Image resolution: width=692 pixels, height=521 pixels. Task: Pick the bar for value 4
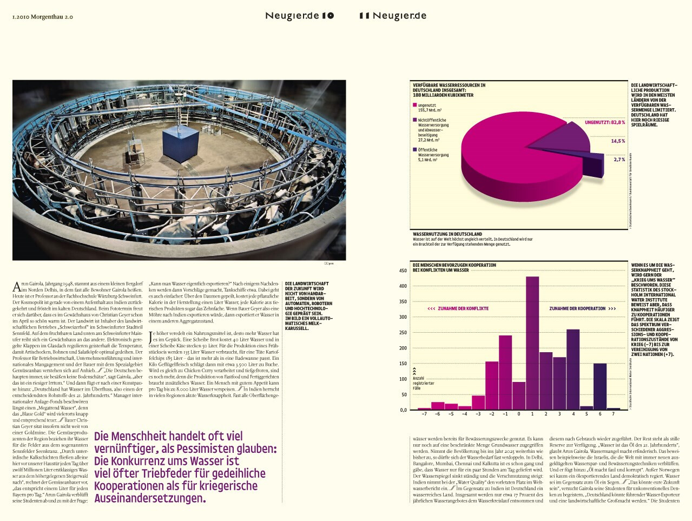(x=573, y=369)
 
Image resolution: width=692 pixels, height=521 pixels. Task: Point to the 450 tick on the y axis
(x=403, y=271)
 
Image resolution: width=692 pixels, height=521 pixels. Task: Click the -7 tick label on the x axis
(x=424, y=414)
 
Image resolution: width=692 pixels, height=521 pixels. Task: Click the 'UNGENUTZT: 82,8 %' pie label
(x=604, y=123)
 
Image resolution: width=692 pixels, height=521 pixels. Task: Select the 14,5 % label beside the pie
(x=618, y=141)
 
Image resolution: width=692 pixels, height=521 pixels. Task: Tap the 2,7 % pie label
(x=619, y=160)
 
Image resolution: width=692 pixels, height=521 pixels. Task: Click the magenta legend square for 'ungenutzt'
(x=415, y=105)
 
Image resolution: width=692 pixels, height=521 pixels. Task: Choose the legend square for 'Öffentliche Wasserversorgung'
(x=415, y=150)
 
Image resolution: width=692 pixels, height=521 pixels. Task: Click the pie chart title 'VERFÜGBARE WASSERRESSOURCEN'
(x=449, y=85)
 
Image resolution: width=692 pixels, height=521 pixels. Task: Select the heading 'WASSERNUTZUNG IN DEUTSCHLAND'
(x=447, y=234)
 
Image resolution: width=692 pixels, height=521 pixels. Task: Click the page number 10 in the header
(x=328, y=16)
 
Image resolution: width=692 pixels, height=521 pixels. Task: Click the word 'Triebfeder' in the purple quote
(x=148, y=473)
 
